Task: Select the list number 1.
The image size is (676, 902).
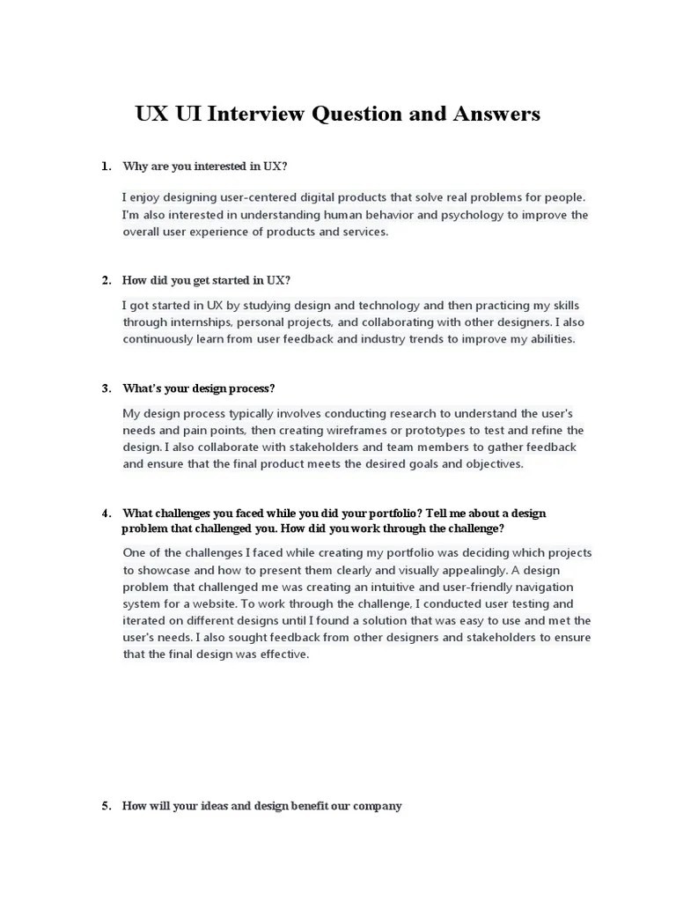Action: click(106, 166)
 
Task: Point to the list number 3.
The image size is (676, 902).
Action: click(106, 388)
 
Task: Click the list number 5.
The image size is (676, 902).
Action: click(106, 805)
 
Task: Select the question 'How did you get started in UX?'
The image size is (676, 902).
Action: click(206, 281)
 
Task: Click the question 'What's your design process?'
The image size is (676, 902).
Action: click(199, 388)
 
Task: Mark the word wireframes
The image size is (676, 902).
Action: click(358, 430)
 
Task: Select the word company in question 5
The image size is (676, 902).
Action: click(376, 805)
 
